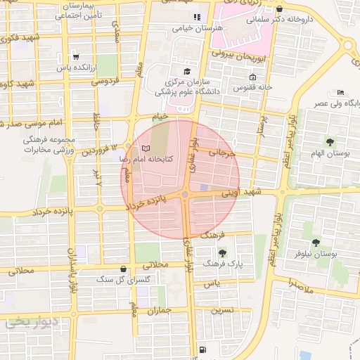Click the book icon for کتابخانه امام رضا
[146, 149]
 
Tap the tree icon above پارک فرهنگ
[223, 252]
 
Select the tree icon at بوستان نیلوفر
[324, 242]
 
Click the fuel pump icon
[202, 349]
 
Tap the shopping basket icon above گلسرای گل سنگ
[124, 269]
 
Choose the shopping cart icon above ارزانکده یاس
[76, 58]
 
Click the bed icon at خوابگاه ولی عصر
[341, 92]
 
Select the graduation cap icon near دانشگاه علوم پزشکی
[186, 72]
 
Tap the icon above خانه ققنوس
[253, 77]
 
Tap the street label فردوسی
[107, 82]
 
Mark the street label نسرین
[218, 309]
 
